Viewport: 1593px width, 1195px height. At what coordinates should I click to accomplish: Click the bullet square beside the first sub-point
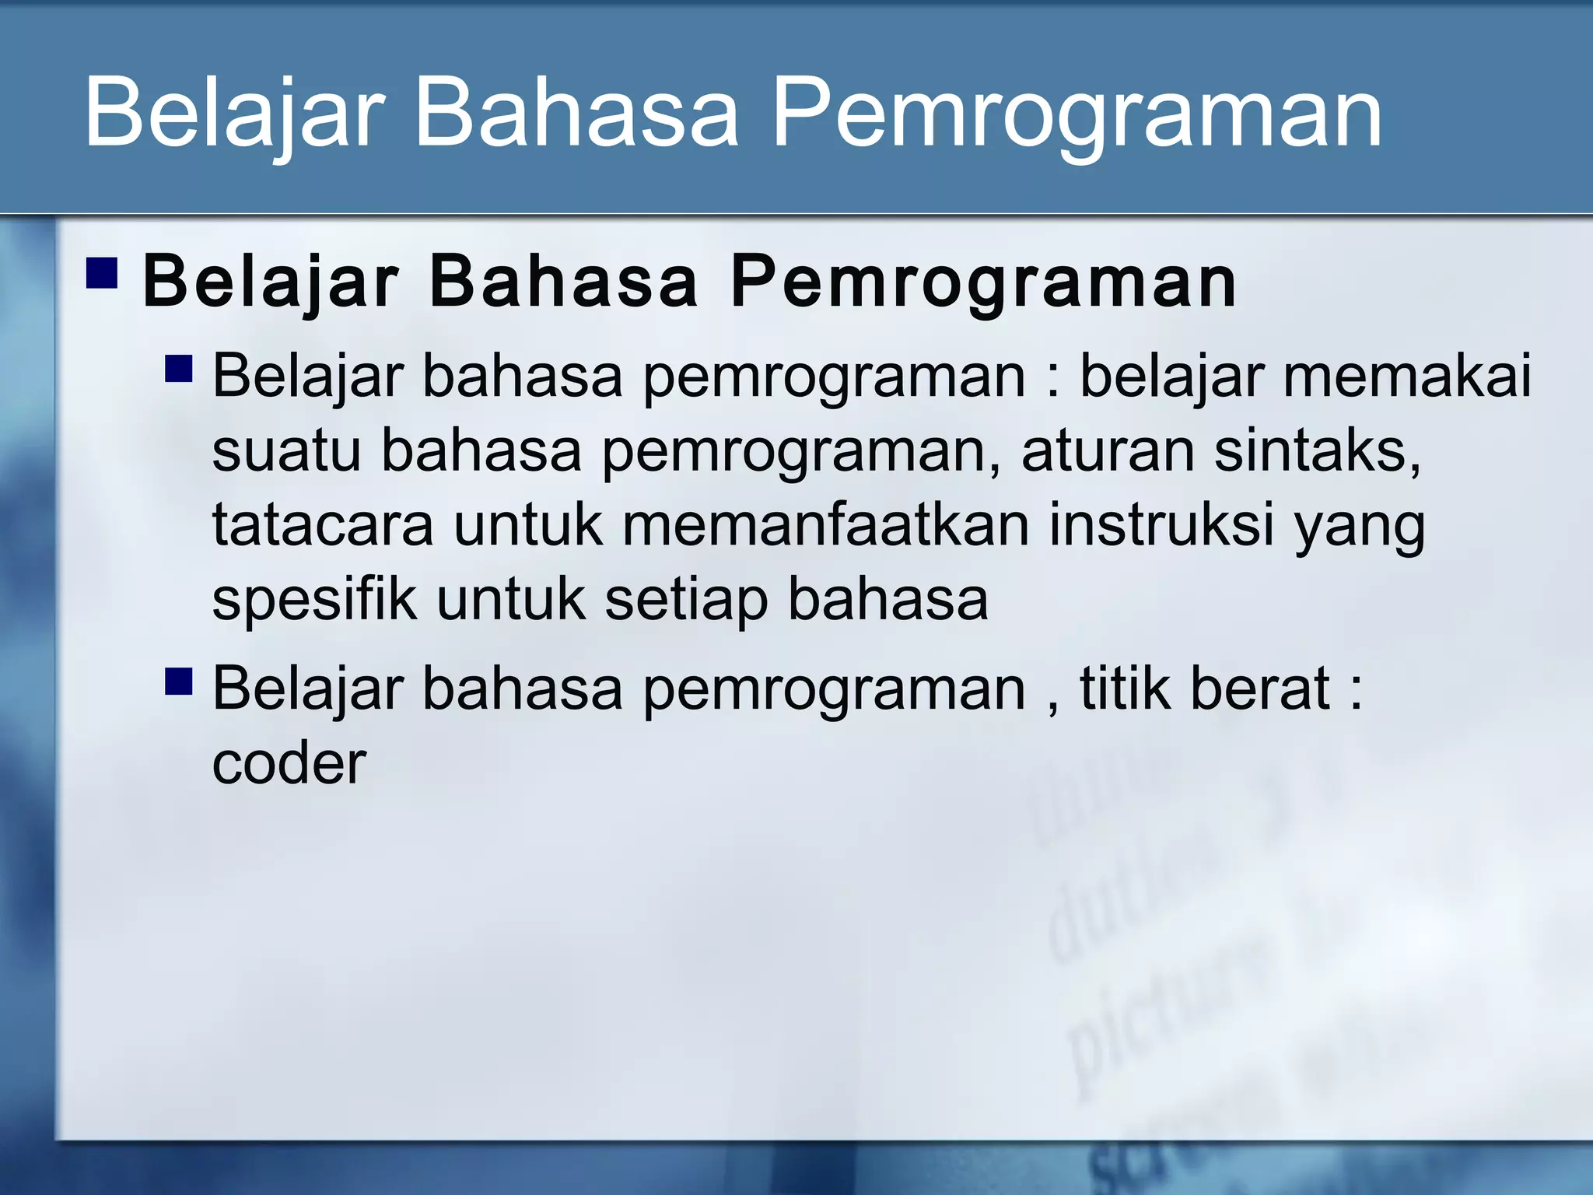[179, 368]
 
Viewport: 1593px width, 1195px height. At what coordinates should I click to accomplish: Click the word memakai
[1406, 377]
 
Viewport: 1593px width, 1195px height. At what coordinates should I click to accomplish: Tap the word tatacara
[322, 525]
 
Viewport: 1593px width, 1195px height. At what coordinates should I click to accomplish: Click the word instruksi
[1161, 525]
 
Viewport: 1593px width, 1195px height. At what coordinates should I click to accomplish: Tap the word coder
[289, 764]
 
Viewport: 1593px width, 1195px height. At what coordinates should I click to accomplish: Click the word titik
[1124, 689]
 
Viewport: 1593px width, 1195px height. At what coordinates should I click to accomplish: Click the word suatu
[286, 451]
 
